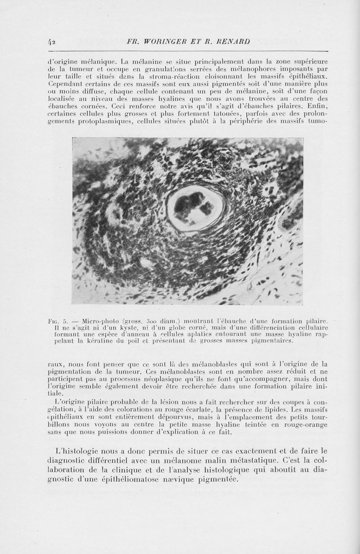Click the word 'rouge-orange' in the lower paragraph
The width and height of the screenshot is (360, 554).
(x=306, y=425)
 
